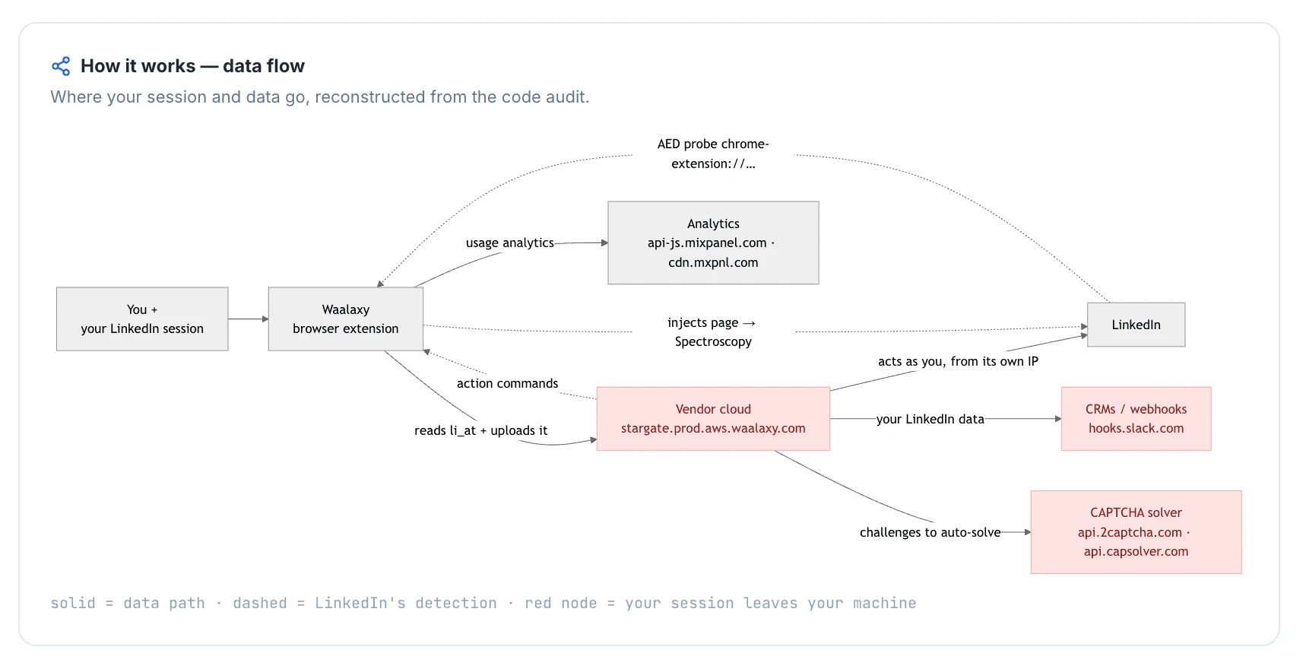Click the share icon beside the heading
61,66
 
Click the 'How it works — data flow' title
192,66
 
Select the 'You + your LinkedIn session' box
142,319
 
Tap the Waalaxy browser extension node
346,319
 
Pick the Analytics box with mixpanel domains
713,243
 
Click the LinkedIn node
1136,325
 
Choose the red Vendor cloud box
713,419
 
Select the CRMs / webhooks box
1136,419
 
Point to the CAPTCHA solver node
1136,532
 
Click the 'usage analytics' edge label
510,243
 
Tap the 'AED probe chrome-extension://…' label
713,154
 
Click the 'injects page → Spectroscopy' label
713,332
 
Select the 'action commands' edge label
507,383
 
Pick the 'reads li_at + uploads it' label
480,430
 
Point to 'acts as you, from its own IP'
958,361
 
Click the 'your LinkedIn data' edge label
930,419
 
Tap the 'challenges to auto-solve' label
930,532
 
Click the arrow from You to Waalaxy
249,319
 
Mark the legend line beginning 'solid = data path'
483,603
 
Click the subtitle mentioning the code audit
320,97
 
